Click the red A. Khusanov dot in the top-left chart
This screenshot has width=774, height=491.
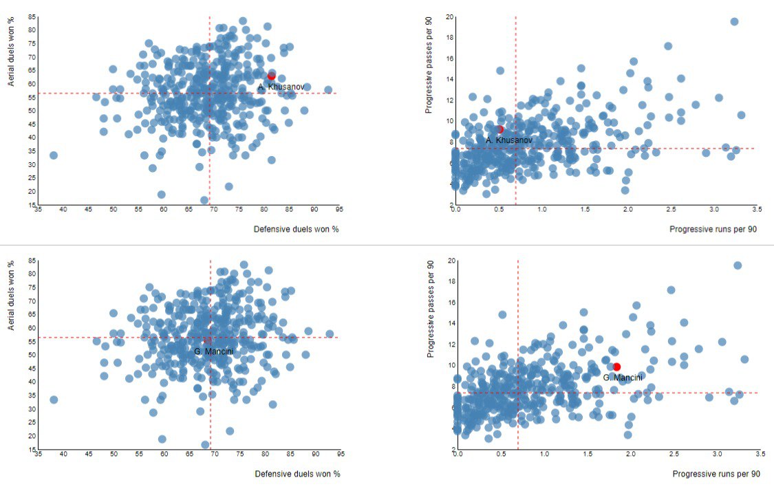pos(271,76)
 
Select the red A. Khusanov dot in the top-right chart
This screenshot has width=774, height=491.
pos(499,129)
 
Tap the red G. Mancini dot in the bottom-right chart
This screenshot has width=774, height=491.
pos(616,367)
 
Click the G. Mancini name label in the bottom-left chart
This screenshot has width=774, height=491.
pos(213,351)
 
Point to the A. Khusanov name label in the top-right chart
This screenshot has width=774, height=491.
pos(509,140)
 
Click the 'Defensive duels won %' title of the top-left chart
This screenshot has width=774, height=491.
pos(297,229)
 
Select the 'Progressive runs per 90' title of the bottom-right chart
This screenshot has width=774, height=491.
pos(716,474)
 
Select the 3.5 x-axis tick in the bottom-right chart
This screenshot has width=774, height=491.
pos(760,455)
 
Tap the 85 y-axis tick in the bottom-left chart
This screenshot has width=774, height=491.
pos(32,261)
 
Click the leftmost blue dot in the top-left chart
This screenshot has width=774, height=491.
pos(53,155)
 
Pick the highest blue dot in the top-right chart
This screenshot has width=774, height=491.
pos(734,21)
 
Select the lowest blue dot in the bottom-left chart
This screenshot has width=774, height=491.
pos(205,445)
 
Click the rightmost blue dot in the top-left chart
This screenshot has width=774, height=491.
pos(328,89)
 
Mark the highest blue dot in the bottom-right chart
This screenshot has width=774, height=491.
pos(738,265)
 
